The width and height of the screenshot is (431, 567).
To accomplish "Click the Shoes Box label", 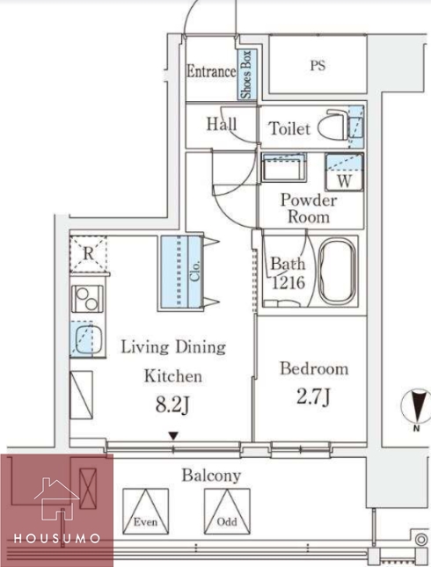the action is tap(246, 75).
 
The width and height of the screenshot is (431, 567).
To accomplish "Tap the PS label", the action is tap(318, 65).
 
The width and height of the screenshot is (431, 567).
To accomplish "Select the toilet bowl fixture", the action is tap(333, 125).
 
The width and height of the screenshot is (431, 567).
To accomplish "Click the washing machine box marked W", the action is tap(344, 171).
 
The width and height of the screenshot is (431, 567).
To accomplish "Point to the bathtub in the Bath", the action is tap(337, 272).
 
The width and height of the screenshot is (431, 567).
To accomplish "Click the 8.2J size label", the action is tap(172, 405).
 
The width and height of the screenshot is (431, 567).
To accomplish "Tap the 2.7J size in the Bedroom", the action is tap(313, 396).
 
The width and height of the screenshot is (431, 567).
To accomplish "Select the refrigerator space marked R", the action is tap(88, 253).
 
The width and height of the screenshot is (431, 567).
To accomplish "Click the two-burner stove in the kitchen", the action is tap(87, 299).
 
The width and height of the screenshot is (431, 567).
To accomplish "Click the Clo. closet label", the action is tap(195, 272).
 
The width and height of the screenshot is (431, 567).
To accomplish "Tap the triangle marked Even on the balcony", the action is tap(145, 512).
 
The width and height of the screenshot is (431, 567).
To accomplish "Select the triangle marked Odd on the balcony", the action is tap(227, 512).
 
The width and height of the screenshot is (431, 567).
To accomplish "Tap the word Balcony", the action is tap(211, 476).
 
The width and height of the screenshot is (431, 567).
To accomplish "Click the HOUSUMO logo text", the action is tap(57, 539).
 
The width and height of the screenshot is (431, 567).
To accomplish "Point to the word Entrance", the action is tap(211, 71).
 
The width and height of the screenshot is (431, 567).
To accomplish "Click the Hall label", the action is tap(222, 124).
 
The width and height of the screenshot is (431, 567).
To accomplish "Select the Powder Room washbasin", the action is tap(284, 167).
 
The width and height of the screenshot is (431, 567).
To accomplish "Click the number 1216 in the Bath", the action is tap(288, 282).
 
